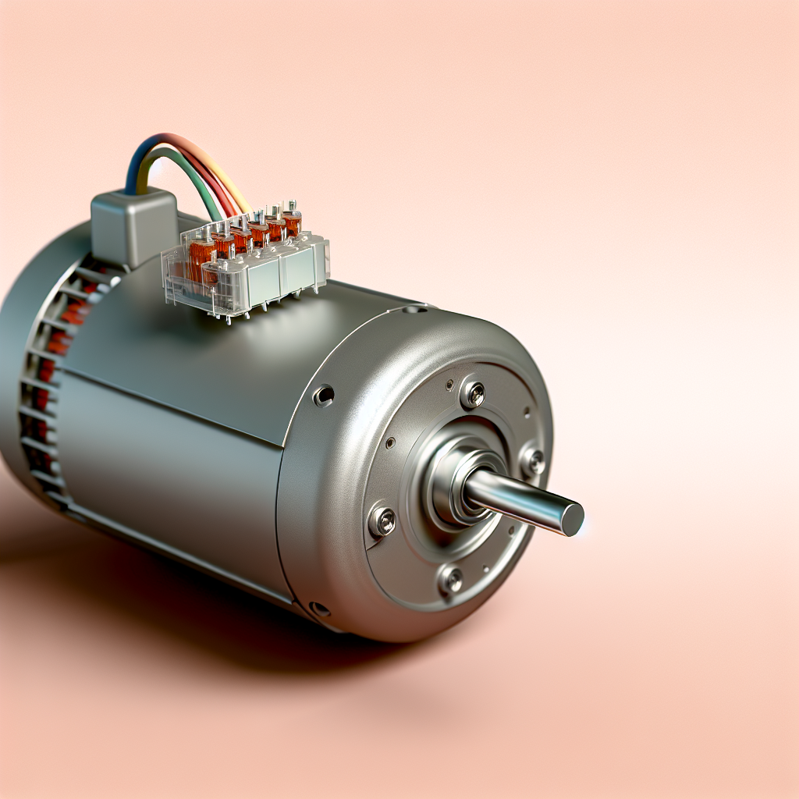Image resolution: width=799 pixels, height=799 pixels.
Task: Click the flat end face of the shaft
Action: [x=573, y=519]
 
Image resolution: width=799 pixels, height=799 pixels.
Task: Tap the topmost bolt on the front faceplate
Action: [x=472, y=393]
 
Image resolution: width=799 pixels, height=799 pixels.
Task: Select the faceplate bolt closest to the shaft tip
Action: [x=533, y=461]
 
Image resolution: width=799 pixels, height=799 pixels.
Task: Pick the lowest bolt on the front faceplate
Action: [x=450, y=578]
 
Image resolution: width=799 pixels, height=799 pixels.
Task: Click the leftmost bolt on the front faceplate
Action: [x=382, y=520]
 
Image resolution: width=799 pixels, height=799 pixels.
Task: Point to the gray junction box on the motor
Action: [x=134, y=226]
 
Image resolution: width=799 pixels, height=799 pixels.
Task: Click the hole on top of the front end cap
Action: [x=410, y=310]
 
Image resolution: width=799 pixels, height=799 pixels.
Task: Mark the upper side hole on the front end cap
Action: [x=323, y=396]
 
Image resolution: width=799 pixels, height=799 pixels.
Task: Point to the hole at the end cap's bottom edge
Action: [x=318, y=608]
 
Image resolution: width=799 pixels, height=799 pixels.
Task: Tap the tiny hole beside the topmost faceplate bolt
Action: [x=450, y=384]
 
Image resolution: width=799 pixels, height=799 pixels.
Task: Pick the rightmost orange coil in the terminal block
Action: [x=291, y=224]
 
